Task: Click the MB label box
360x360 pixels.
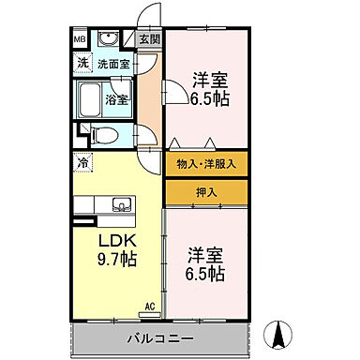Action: (81, 40)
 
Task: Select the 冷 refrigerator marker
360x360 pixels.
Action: (82, 164)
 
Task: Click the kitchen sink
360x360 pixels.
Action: (120, 204)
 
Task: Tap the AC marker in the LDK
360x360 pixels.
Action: (150, 305)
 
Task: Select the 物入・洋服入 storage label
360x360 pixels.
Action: (206, 163)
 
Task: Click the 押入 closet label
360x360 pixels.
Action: (207, 192)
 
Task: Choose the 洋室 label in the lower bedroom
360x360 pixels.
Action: (203, 253)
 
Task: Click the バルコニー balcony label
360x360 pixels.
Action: (161, 337)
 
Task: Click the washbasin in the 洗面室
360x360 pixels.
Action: (108, 40)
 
